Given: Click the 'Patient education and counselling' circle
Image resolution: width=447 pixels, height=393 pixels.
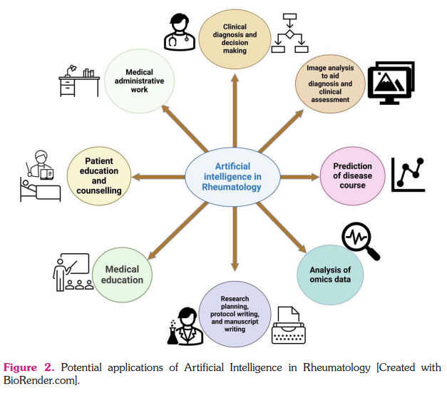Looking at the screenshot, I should click(x=99, y=176).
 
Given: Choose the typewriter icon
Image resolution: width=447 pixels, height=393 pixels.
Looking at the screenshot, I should click(x=291, y=325).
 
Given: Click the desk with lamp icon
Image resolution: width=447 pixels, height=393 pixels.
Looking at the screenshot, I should click(x=78, y=81).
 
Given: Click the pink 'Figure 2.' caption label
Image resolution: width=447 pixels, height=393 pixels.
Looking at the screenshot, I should click(x=29, y=367).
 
